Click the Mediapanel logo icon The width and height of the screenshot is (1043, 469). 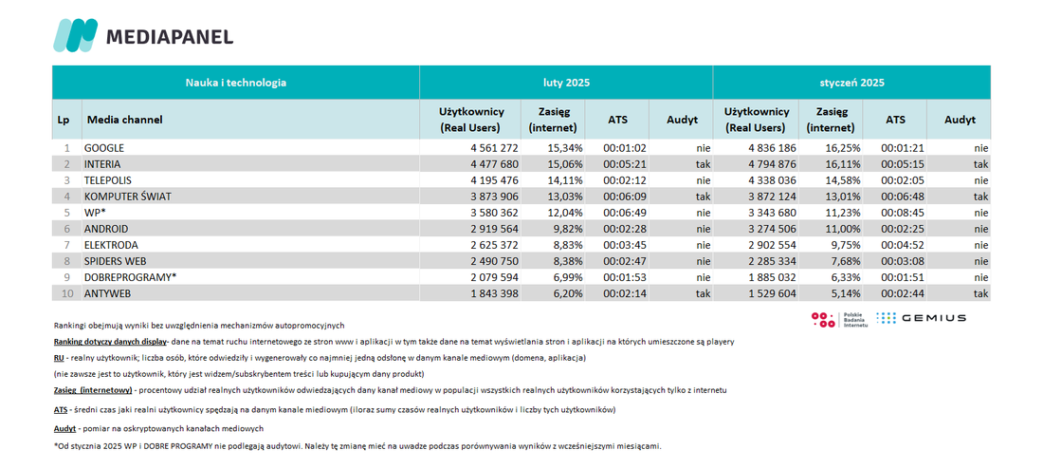tap(75, 35)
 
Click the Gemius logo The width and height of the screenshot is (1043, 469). tap(921, 318)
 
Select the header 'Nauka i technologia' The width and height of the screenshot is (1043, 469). tap(236, 83)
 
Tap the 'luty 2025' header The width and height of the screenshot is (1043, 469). tap(566, 83)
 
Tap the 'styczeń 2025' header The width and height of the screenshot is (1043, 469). tap(851, 83)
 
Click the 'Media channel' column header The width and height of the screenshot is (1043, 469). tap(125, 120)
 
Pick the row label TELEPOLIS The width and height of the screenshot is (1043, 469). tap(107, 179)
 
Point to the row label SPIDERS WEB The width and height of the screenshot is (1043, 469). tap(112, 261)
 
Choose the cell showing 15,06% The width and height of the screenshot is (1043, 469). tap(566, 164)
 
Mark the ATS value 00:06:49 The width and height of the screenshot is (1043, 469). tap(625, 213)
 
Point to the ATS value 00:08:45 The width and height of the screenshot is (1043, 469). tap(902, 213)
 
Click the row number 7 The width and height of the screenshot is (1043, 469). tap(66, 245)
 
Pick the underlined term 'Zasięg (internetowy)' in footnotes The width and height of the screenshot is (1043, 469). tap(93, 390)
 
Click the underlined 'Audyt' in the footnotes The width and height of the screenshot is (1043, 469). tap(64, 428)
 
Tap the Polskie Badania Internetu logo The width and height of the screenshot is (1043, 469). tap(836, 320)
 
